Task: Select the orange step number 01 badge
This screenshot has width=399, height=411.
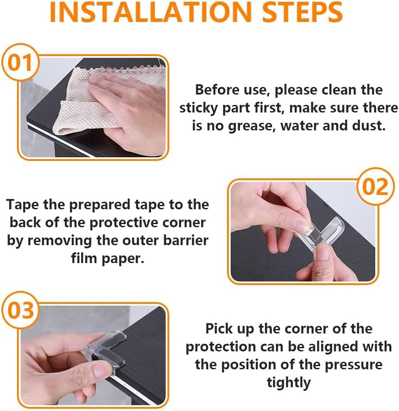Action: point(20,62)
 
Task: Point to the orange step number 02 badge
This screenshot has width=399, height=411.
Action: point(375,186)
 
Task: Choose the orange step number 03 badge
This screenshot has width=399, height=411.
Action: point(21,310)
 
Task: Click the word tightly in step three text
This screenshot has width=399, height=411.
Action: point(288,383)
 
